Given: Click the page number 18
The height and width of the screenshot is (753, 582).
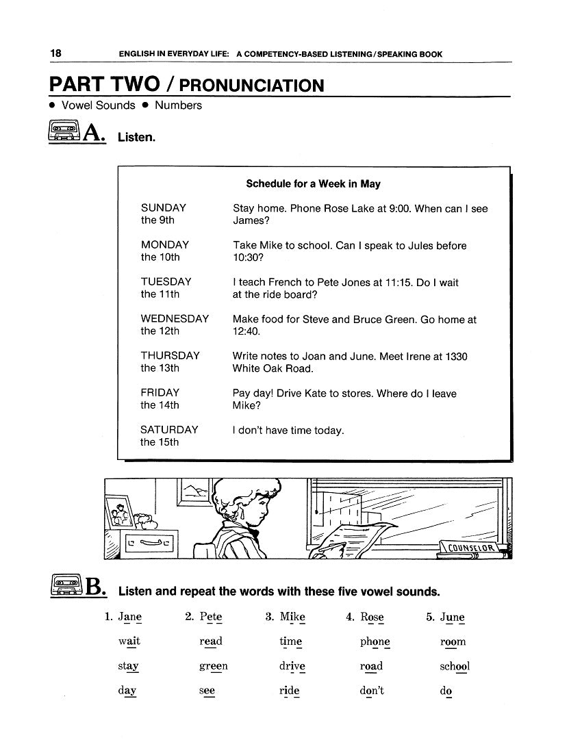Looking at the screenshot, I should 55,54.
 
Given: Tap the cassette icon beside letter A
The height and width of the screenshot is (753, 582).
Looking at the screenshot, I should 64,131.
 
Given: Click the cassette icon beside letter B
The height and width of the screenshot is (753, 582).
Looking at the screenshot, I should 66,586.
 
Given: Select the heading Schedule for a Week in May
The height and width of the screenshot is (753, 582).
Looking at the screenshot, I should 313,184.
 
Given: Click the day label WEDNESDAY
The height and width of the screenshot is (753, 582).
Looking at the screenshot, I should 175,319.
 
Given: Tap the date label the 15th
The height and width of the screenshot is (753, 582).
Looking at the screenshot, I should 160,442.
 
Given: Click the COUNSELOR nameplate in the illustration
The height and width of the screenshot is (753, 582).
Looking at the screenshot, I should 470,547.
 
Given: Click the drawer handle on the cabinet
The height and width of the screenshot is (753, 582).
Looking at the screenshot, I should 152,544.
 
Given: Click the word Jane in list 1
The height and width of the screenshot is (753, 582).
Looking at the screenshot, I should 129,617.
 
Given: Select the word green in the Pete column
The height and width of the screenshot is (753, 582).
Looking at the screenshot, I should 214,666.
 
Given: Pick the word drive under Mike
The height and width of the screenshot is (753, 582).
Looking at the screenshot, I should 292,666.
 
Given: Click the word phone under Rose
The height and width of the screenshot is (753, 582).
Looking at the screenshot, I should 375,642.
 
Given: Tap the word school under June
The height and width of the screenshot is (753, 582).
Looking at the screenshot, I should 455,666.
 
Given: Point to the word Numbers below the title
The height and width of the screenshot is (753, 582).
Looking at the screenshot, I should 178,105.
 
